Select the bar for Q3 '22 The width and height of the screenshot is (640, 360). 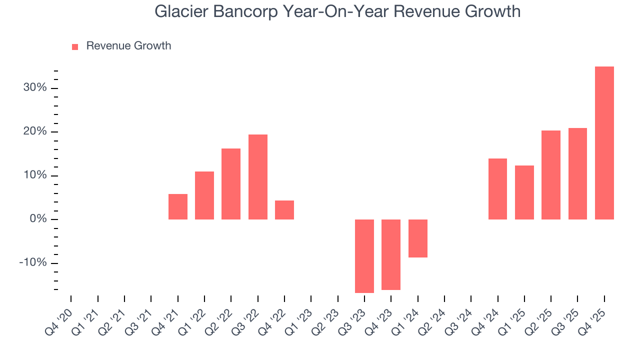click(x=257, y=177)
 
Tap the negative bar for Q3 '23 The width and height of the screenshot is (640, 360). click(x=364, y=256)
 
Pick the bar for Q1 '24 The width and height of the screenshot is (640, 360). click(x=417, y=238)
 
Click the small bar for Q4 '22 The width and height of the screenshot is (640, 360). click(x=284, y=210)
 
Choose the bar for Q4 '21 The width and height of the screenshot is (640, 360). click(x=177, y=206)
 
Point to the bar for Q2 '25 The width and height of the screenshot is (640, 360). click(x=550, y=175)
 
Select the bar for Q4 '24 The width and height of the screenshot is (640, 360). click(x=497, y=189)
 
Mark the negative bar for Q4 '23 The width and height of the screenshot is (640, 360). click(x=391, y=254)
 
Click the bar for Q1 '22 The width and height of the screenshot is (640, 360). click(x=204, y=195)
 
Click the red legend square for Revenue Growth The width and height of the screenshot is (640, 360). click(x=75, y=46)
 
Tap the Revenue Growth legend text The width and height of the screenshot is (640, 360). click(x=128, y=46)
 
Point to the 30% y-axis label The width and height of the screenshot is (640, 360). click(x=35, y=88)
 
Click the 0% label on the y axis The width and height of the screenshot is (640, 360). click(x=38, y=219)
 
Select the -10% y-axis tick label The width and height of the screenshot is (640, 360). click(x=33, y=263)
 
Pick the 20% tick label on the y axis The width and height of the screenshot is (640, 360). click(x=35, y=132)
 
